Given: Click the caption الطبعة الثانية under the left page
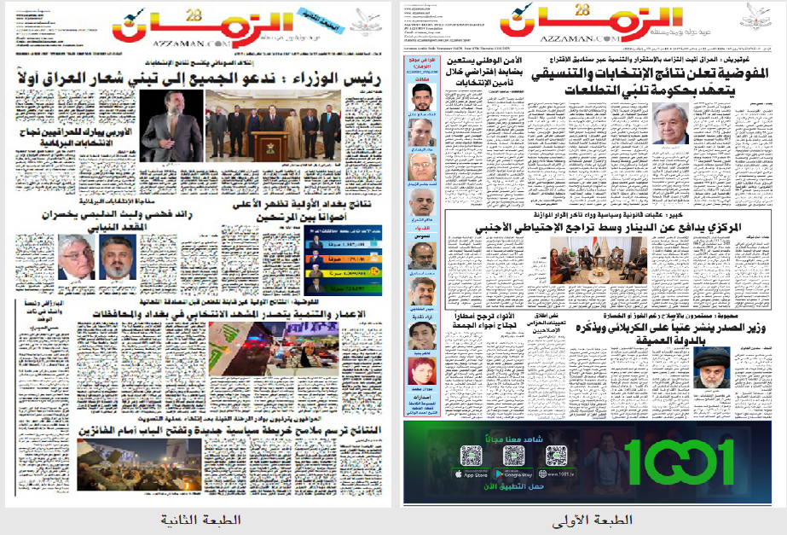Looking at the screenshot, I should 201,519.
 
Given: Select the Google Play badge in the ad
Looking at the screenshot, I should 514,474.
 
